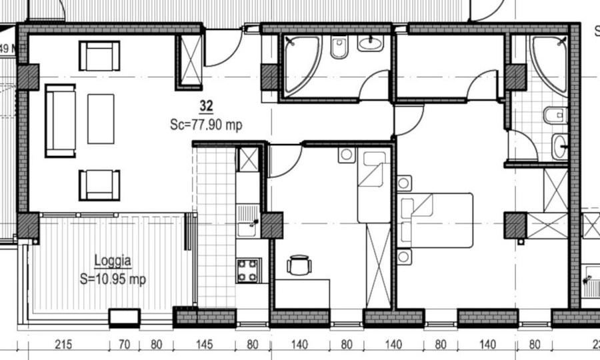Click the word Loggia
tap(113, 261)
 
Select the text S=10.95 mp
tap(113, 280)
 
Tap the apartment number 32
tap(206, 105)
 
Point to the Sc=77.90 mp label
tap(206, 124)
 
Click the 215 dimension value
tap(62, 345)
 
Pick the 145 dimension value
tap(205, 345)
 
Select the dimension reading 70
tap(124, 345)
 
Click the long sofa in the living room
tap(60, 121)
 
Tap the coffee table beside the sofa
tap(101, 119)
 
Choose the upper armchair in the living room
tap(99, 56)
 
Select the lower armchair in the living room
tap(99, 185)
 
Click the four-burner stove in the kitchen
tap(249, 271)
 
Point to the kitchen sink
tap(247, 219)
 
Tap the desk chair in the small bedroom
tap(299, 265)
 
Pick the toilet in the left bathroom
tap(339, 48)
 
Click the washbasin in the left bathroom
tap(370, 44)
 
